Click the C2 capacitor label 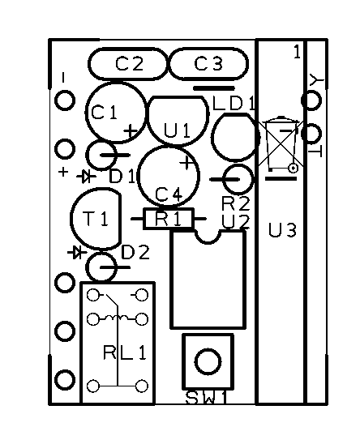pos(130,64)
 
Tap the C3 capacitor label pos(208,63)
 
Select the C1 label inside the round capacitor pos(104,112)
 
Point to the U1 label pos(177,130)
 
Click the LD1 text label pos(234,104)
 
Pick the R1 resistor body pos(169,219)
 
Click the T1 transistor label pos(95,219)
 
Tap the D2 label pos(135,252)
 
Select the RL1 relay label pos(125,352)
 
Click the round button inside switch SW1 pos(208,361)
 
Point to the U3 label pos(282,230)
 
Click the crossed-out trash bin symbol pos(281,144)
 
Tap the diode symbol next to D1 pos(86,177)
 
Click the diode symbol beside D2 pos(77,252)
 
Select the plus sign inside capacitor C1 pos(131,131)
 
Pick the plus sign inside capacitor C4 pos(186,163)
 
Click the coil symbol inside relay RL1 pos(117,318)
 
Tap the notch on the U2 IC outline pos(208,237)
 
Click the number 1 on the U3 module pos(297,52)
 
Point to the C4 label pos(169,194)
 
